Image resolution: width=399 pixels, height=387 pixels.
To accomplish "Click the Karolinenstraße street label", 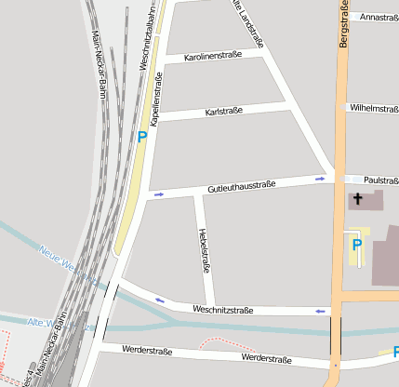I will (x=213, y=57).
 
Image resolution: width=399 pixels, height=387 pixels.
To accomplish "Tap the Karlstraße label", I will (x=223, y=111).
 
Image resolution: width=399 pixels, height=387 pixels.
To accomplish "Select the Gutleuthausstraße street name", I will (x=241, y=187).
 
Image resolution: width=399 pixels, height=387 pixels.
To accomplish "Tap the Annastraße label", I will (x=379, y=17).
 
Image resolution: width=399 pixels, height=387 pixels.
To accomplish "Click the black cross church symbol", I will (x=356, y=198).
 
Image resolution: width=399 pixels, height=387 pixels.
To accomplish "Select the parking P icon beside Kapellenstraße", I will (x=142, y=137).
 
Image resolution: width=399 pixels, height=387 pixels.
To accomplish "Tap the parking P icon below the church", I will (x=356, y=244).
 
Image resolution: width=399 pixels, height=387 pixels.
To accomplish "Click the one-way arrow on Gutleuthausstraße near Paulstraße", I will (x=320, y=178).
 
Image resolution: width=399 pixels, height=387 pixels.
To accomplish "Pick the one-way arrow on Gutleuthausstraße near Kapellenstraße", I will (x=158, y=194).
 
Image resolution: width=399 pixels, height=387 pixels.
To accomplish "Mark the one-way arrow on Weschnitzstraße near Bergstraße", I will (x=323, y=310).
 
